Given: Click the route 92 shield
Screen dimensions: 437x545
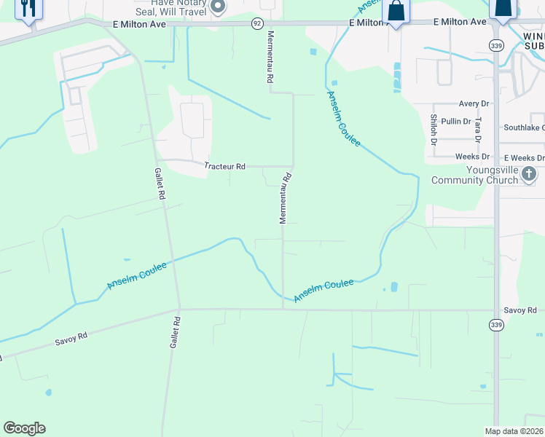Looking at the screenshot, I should pyautogui.click(x=257, y=23).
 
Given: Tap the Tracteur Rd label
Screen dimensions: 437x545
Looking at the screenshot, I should pyautogui.click(x=224, y=166).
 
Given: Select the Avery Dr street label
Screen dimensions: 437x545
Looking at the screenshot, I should pyautogui.click(x=474, y=104).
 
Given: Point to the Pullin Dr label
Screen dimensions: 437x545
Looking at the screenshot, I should pyautogui.click(x=456, y=121).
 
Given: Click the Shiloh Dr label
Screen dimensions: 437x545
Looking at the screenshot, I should pyautogui.click(x=434, y=130).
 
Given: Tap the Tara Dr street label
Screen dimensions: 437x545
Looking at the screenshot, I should pyautogui.click(x=478, y=130).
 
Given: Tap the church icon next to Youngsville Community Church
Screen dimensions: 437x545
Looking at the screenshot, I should pyautogui.click(x=530, y=174).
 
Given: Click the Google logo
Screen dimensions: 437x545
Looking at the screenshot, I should pyautogui.click(x=24, y=428).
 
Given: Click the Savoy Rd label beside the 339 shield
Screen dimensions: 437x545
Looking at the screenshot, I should pyautogui.click(x=520, y=310).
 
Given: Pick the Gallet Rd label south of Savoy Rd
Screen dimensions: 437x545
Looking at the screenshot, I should pyautogui.click(x=175, y=331).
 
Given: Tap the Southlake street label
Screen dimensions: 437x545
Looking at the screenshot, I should pyautogui.click(x=524, y=127).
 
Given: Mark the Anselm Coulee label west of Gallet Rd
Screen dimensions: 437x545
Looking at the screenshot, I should pyautogui.click(x=137, y=276).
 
